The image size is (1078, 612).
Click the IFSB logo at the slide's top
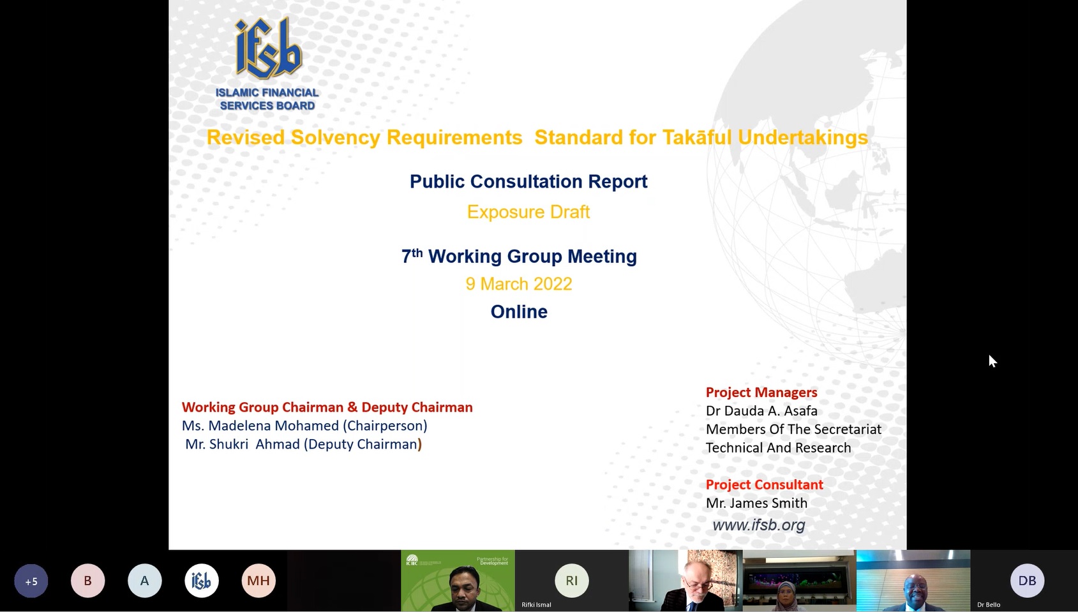click(267, 64)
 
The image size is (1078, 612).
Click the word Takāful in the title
click(697, 138)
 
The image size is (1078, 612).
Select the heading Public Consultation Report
click(528, 181)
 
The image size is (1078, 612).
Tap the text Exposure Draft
click(528, 212)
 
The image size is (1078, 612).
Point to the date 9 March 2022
click(519, 284)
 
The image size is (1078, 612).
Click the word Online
click(519, 312)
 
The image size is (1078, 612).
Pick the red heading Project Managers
click(761, 392)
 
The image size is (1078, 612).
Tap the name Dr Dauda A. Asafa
click(761, 411)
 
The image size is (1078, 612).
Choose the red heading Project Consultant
click(764, 484)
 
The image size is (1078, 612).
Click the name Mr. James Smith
click(756, 503)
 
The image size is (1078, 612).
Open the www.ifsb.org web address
click(758, 525)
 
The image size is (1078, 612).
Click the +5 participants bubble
click(31, 581)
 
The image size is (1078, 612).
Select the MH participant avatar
click(258, 581)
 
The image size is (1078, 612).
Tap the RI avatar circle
click(571, 581)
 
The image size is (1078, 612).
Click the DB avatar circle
click(1027, 581)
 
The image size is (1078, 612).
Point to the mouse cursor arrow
click(992, 361)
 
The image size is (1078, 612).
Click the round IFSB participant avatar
click(202, 581)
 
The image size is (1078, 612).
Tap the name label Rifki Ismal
click(536, 605)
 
